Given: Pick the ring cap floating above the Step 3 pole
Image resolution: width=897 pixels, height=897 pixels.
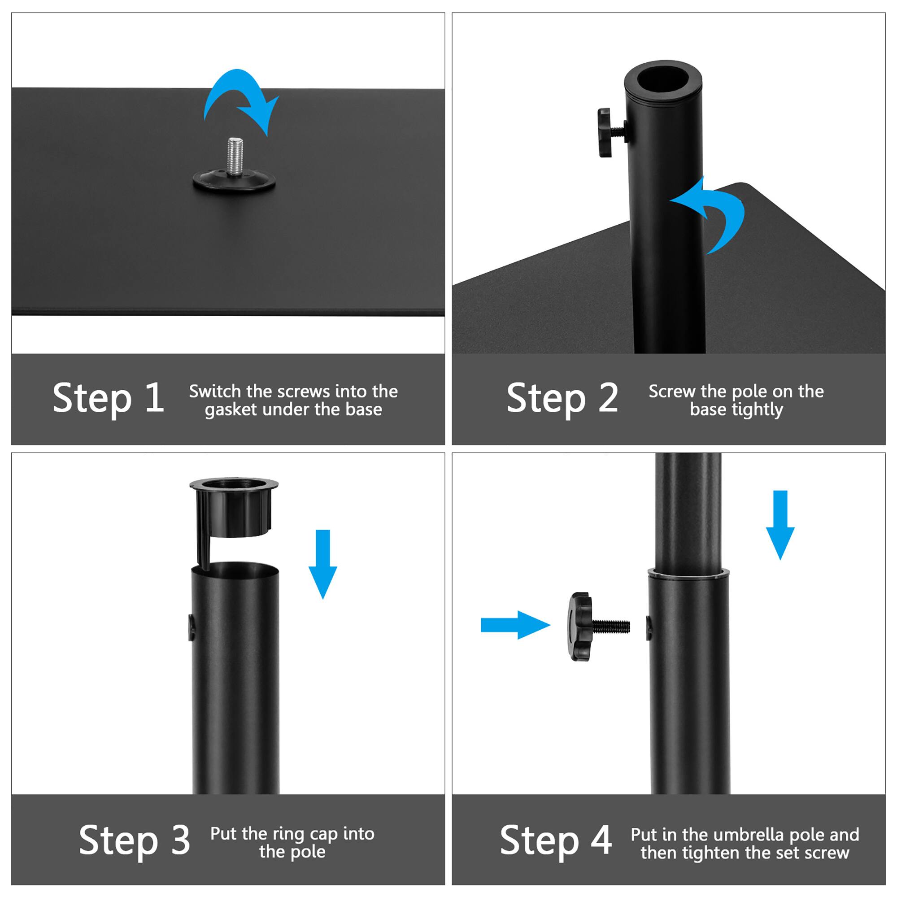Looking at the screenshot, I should pyautogui.click(x=234, y=509).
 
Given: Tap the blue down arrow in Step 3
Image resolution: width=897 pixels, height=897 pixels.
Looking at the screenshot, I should pyautogui.click(x=322, y=564).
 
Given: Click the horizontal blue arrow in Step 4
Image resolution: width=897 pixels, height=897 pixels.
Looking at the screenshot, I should pyautogui.click(x=514, y=625).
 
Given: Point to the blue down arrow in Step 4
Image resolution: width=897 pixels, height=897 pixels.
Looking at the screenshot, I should pyautogui.click(x=780, y=525).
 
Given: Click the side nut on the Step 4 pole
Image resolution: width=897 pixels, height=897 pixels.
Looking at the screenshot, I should pyautogui.click(x=648, y=628).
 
